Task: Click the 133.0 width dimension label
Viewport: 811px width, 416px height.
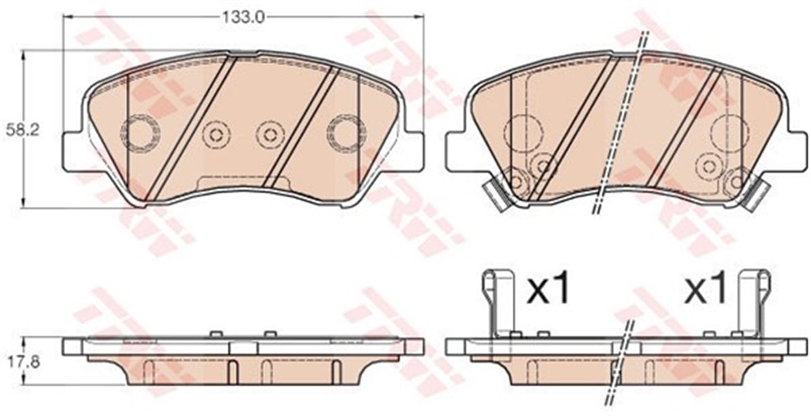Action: click(243, 17)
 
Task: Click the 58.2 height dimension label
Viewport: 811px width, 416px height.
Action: click(22, 130)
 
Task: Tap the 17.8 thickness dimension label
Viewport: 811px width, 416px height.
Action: click(23, 363)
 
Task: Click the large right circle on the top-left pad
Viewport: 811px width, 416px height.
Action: click(346, 132)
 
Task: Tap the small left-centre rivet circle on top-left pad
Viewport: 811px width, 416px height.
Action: click(216, 135)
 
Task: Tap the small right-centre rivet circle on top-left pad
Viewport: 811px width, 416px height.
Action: click(270, 135)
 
